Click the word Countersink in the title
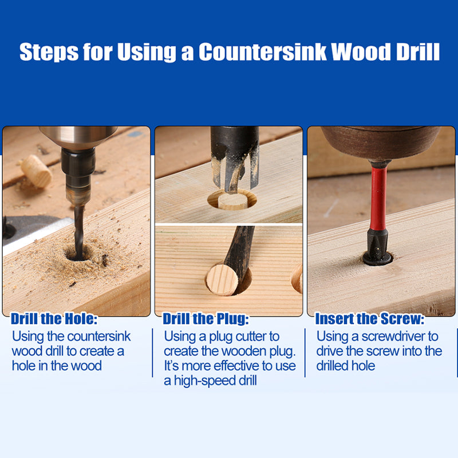[262, 52]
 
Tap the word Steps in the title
[49, 53]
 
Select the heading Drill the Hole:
[54, 319]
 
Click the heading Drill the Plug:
[206, 319]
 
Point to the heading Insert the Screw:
[369, 319]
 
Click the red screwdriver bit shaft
[378, 199]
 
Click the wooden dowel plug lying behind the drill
[36, 171]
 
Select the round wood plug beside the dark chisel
[222, 280]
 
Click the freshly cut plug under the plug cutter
[233, 202]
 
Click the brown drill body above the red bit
[381, 144]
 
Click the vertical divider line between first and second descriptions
[152, 353]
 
